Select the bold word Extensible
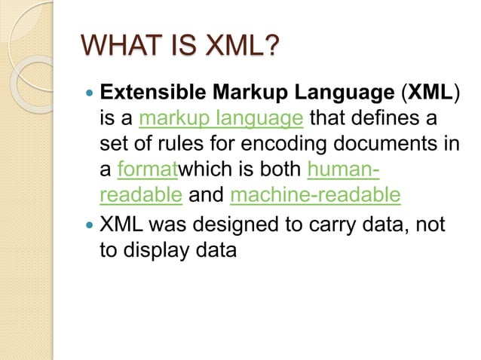(151, 93)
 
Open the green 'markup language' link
(222, 119)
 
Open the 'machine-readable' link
(315, 196)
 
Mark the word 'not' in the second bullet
(430, 224)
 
